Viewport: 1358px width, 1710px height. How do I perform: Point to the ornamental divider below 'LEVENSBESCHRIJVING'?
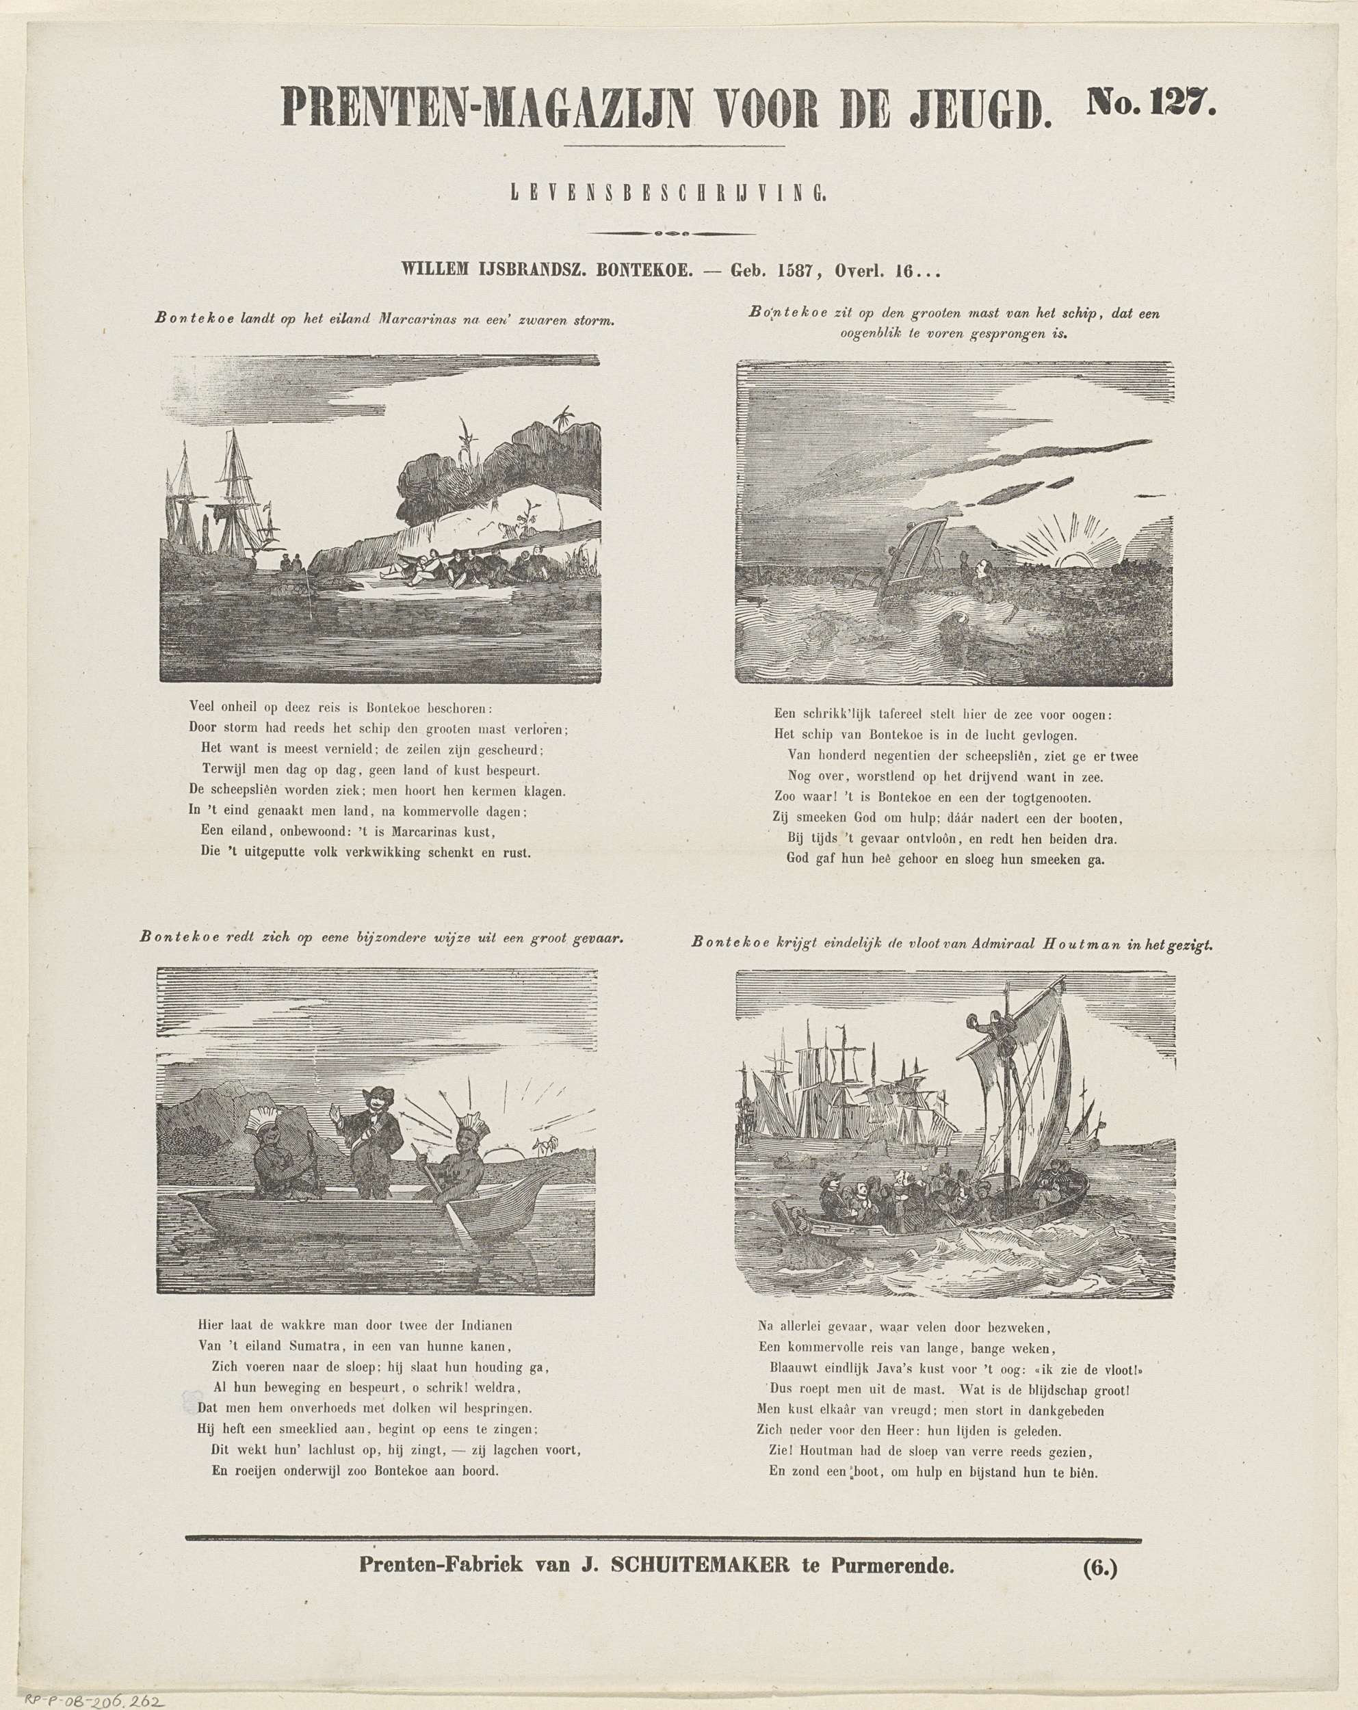[673, 233]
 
